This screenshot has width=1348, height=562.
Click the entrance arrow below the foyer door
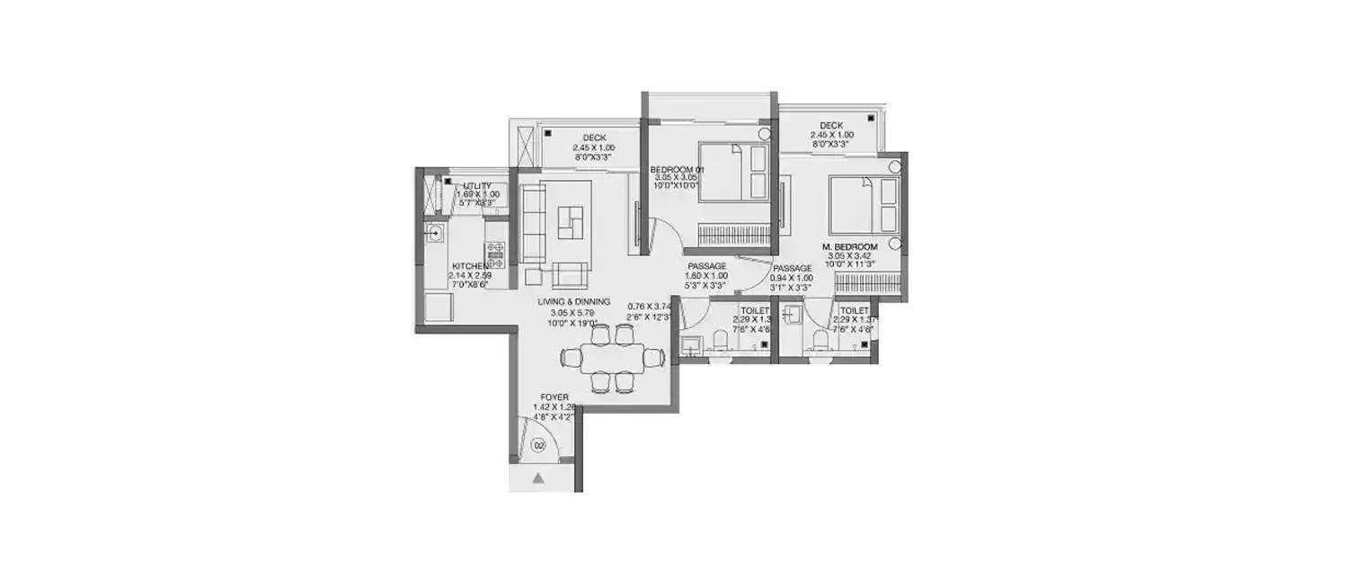(x=538, y=478)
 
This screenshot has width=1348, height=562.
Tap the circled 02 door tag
(x=539, y=445)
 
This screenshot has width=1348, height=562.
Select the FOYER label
(x=554, y=397)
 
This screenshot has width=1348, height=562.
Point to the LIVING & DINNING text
(x=574, y=301)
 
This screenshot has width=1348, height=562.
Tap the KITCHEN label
(x=470, y=266)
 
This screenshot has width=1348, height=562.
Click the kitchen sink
(x=436, y=235)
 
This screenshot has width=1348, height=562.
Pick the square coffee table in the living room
(x=570, y=222)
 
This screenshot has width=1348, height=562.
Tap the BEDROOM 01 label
(x=678, y=169)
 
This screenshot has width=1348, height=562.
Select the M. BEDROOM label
(x=848, y=246)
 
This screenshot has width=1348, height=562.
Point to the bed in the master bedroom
(x=863, y=206)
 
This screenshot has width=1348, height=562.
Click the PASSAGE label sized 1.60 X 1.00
(x=707, y=267)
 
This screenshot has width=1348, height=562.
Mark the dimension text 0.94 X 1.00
(x=793, y=278)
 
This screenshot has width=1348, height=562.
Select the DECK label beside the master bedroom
(x=830, y=126)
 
